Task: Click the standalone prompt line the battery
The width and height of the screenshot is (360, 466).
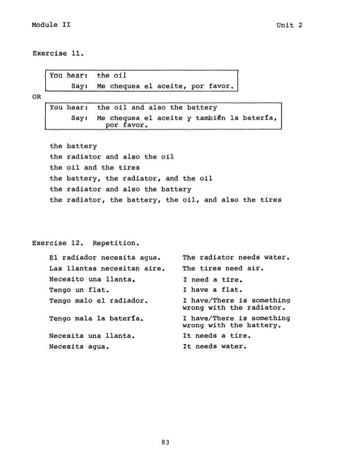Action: coord(70,146)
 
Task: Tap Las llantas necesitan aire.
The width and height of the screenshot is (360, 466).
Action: coord(106,269)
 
